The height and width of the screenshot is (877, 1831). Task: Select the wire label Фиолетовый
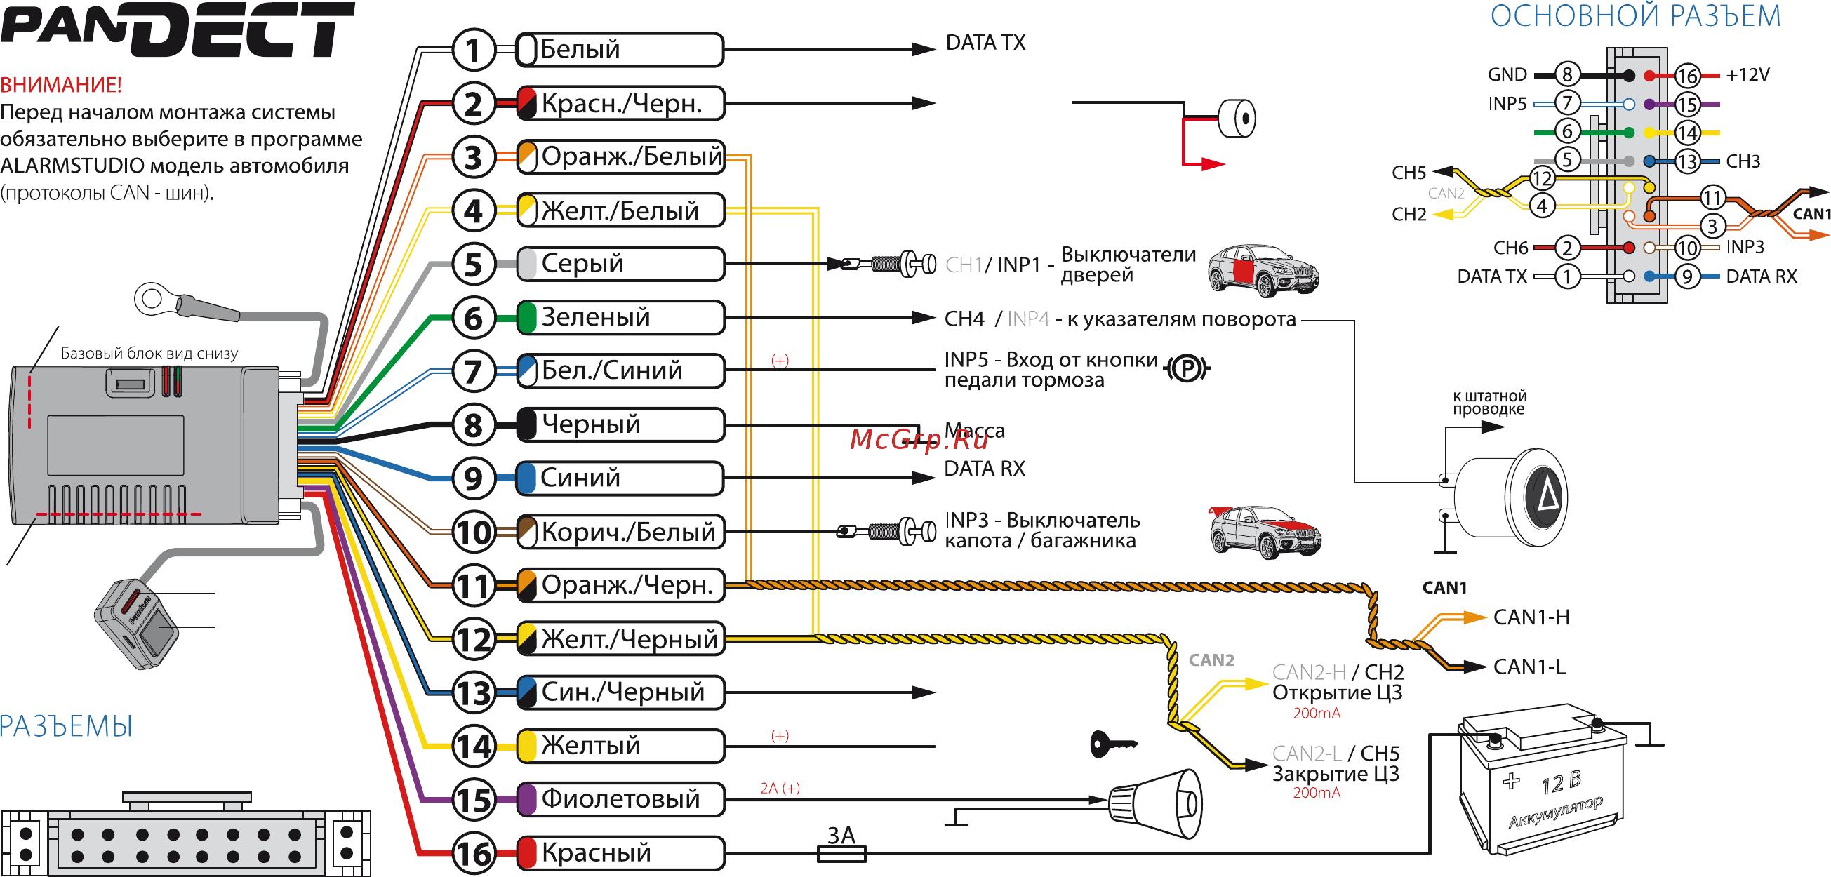pyautogui.click(x=620, y=799)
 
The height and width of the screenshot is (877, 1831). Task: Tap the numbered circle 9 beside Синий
pyautogui.click(x=474, y=478)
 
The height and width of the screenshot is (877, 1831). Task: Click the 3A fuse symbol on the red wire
pyautogui.click(x=841, y=853)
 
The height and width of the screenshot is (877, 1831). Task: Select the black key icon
pyautogui.click(x=1112, y=745)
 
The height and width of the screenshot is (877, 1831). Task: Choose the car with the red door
pyautogui.click(x=1263, y=270)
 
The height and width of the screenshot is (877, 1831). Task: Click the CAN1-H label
pyautogui.click(x=1531, y=617)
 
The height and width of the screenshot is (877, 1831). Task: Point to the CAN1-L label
pyautogui.click(x=1529, y=667)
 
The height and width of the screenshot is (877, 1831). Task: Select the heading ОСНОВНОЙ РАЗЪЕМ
pyautogui.click(x=1634, y=15)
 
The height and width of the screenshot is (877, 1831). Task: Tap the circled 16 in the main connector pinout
pyautogui.click(x=1686, y=75)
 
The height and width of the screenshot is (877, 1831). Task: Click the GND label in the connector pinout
pyautogui.click(x=1507, y=74)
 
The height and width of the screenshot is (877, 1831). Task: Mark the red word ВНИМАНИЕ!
pyautogui.click(x=61, y=86)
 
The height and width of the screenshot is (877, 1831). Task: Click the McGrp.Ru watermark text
pyautogui.click(x=919, y=441)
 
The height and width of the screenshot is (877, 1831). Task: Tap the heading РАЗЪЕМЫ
pyautogui.click(x=67, y=727)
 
